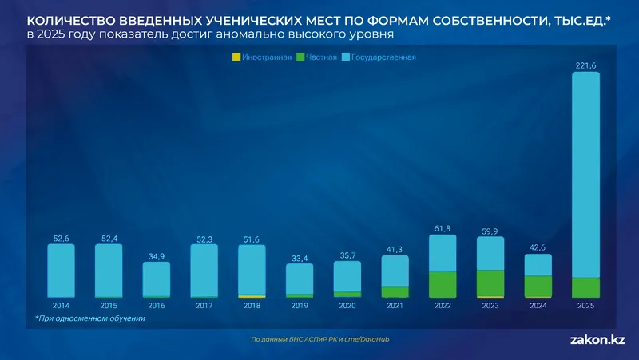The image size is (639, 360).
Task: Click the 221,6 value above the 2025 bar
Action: (586, 65)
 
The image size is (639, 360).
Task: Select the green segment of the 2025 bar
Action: (586, 287)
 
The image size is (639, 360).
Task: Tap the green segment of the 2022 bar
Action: (443, 284)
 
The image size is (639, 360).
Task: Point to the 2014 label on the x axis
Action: (61, 306)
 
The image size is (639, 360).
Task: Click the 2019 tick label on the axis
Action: (300, 306)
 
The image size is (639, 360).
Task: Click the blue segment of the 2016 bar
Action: (157, 279)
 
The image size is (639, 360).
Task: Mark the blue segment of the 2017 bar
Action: (204, 270)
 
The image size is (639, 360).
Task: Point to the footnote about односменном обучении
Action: (89, 319)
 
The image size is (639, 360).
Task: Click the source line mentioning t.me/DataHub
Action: (319, 339)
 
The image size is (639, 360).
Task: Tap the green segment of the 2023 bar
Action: (490, 283)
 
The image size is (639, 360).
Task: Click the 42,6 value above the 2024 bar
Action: (538, 247)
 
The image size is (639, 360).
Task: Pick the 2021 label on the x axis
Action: (395, 306)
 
